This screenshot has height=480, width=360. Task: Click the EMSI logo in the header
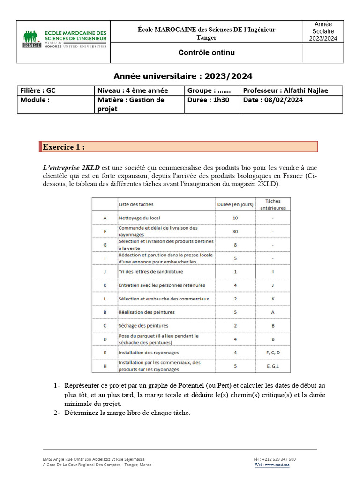pyautogui.click(x=64, y=39)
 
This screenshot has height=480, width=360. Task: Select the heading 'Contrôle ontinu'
pyautogui.click(x=206, y=53)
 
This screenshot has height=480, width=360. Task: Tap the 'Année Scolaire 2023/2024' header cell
pyautogui.click(x=323, y=31)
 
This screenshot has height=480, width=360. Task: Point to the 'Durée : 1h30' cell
pyautogui.click(x=208, y=100)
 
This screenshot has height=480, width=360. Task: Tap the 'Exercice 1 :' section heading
pyautogui.click(x=64, y=147)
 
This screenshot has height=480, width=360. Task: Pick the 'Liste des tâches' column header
pyautogui.click(x=136, y=204)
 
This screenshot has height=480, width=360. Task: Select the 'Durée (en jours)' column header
pyautogui.click(x=235, y=204)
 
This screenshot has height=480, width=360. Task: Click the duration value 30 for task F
pyautogui.click(x=235, y=231)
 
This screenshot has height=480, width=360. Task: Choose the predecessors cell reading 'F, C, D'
pyautogui.click(x=273, y=352)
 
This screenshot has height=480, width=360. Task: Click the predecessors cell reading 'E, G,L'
pyautogui.click(x=273, y=366)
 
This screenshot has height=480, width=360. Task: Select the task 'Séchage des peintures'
pyautogui.click(x=143, y=325)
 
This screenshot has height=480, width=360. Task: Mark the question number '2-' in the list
pyautogui.click(x=56, y=412)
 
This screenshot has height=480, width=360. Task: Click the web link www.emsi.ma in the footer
pyautogui.click(x=272, y=465)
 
